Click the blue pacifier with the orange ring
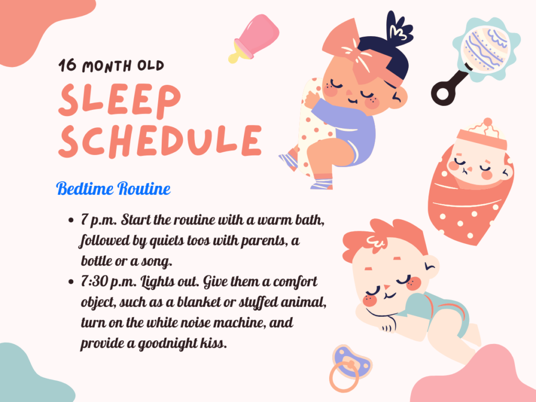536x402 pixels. pos(350,367)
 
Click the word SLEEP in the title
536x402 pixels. pos(119,99)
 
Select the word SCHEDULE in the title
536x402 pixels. pos(160,141)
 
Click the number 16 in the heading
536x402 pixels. pos(68,65)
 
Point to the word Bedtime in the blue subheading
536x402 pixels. pos(84,188)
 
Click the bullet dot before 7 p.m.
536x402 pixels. pos(71,220)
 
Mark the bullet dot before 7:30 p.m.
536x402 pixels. pos(71,282)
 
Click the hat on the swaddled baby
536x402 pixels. pos(483,135)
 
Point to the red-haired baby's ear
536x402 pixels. pos(430,265)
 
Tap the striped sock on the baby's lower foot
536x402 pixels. pos(322,184)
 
